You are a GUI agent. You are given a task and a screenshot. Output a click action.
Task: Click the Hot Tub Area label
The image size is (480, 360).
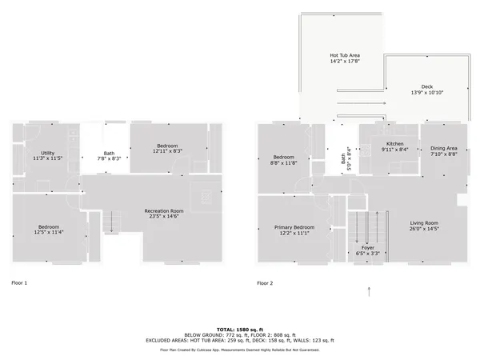346,55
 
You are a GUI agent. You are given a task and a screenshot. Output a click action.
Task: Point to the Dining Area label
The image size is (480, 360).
444,148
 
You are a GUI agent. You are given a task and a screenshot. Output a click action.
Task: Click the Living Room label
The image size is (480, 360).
426,222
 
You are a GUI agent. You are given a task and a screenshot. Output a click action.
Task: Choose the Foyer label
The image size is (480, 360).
368,248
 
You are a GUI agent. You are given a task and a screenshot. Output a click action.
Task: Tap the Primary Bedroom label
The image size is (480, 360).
294,227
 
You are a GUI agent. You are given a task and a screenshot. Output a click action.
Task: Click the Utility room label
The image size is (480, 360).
48,153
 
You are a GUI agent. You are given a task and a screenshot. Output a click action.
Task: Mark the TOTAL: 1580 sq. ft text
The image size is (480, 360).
239,330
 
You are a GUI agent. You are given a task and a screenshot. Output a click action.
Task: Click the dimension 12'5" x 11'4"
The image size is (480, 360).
49,233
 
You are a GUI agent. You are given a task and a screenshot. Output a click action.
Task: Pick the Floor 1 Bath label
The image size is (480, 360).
109,154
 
